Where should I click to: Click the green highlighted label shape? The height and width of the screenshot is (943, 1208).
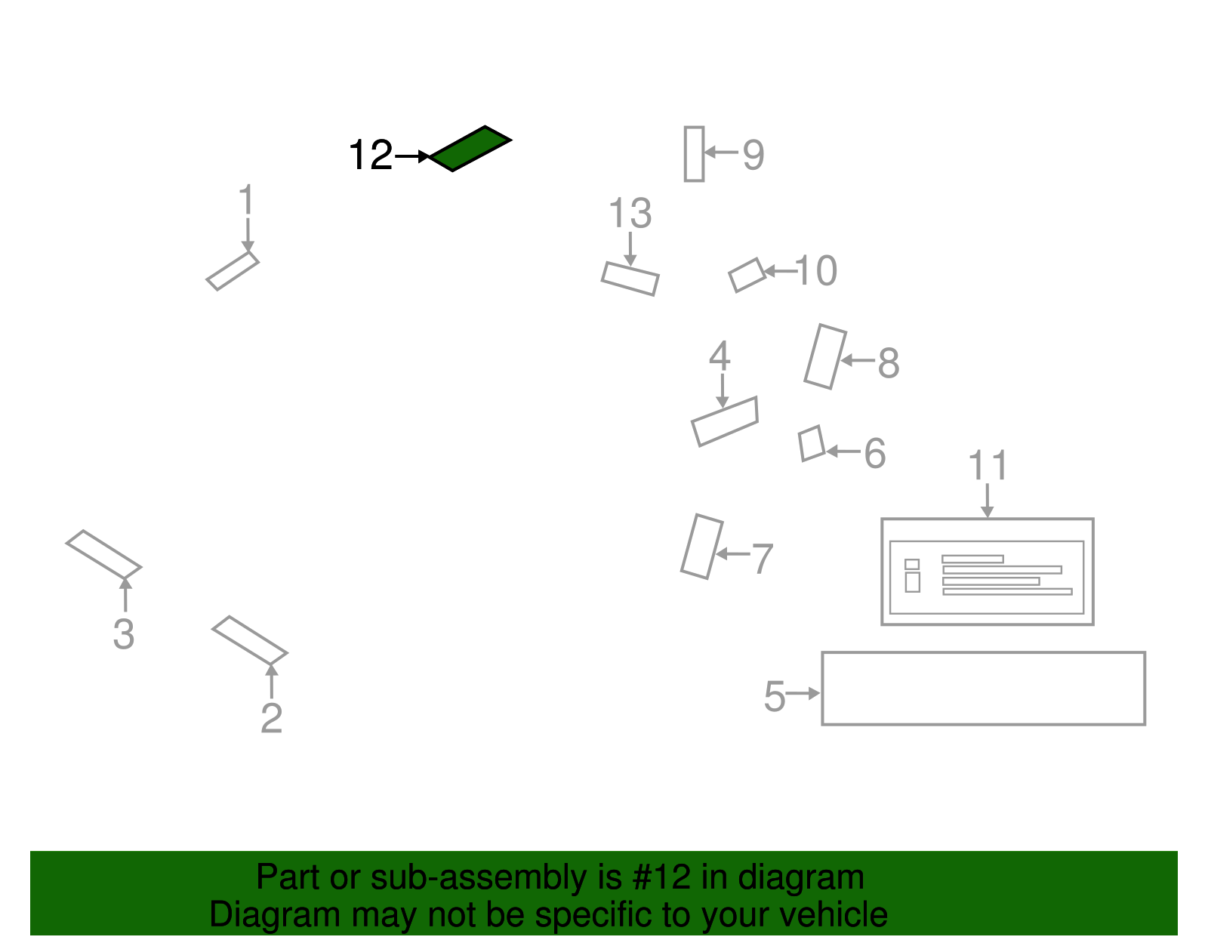coord(470,149)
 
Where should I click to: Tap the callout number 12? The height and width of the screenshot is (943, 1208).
coord(370,156)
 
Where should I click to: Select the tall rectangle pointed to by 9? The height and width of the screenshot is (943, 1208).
coord(694,154)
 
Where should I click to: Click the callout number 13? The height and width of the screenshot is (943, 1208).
coord(630,214)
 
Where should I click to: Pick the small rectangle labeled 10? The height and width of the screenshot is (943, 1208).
coord(747,275)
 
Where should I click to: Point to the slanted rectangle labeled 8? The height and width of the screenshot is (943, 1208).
coord(824,356)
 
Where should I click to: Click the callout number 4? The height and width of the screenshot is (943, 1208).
coord(719,356)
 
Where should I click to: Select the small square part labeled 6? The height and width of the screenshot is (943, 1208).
coord(812,443)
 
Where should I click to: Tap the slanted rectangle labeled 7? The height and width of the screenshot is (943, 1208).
coord(701,547)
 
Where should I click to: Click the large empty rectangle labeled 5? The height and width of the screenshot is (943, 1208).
coord(983,689)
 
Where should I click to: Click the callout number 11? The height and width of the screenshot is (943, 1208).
coord(988,466)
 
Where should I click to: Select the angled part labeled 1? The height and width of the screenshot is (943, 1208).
coord(233,271)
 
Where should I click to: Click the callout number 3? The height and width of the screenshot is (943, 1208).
coord(124,634)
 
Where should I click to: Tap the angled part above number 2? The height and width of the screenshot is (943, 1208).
coord(249,640)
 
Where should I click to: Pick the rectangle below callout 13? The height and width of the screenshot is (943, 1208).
coord(630,279)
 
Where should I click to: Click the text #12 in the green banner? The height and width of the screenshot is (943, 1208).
coord(661,877)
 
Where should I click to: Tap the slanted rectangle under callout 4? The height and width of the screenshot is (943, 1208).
coord(725,421)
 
